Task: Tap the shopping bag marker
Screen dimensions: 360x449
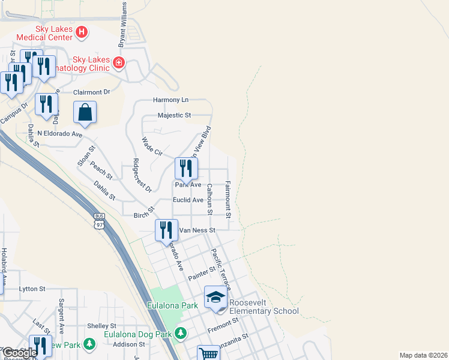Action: coord(85,112)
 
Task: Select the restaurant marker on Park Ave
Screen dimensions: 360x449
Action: coord(186,169)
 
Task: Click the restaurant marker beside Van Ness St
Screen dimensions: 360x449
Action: coord(166,230)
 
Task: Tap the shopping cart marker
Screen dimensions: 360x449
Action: coord(208,353)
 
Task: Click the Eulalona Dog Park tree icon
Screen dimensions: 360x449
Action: coord(181,334)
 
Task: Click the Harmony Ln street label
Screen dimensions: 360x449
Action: coord(170,100)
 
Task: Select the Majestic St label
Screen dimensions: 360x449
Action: coord(174,115)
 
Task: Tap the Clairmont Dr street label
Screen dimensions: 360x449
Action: coord(92,92)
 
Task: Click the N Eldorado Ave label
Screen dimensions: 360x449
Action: coord(59,134)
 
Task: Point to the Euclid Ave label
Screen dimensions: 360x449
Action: coord(188,200)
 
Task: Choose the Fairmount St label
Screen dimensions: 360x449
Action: coord(228,199)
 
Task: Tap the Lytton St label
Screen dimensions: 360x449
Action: coord(32,289)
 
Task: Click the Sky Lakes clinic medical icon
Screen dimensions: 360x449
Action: coord(119,62)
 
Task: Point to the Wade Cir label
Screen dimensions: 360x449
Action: coord(152,147)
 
